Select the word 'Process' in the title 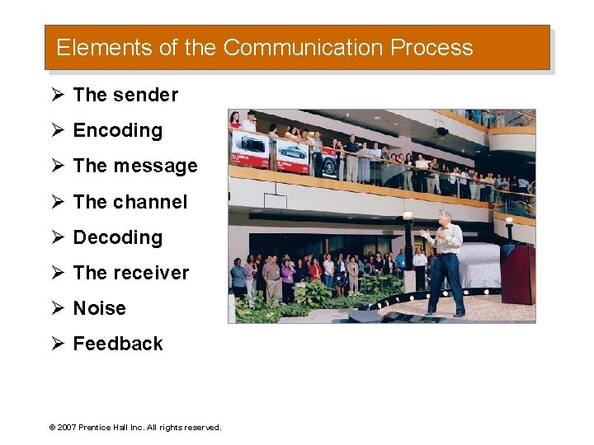[x=431, y=48]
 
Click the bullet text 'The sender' [x=125, y=96]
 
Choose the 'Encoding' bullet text [x=118, y=131]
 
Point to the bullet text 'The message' [x=135, y=166]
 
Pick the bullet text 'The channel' [x=130, y=202]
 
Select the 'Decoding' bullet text [x=118, y=237]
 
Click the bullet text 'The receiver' [x=131, y=273]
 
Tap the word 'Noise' [x=100, y=308]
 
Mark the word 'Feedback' [x=118, y=344]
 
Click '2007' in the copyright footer [x=67, y=428]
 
